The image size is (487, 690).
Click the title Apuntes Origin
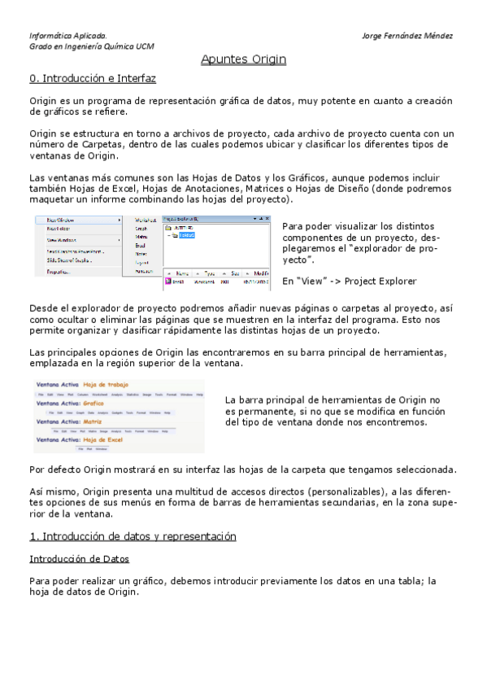[243, 59]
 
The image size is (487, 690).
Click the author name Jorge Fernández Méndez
[407, 36]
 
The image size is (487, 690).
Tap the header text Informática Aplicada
[67, 36]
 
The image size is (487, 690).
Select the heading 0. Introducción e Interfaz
[92, 79]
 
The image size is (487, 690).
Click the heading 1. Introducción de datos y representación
[133, 536]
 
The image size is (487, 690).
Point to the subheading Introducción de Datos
[79, 559]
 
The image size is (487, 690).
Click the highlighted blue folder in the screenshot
[189, 235]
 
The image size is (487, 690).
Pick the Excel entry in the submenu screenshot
[140, 245]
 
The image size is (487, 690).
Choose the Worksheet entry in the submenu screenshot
[146, 220]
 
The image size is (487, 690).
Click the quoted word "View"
[309, 282]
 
